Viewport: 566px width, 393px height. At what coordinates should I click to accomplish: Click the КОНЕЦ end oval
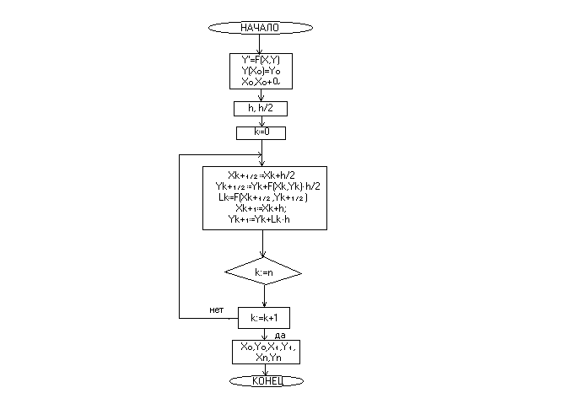(x=266, y=381)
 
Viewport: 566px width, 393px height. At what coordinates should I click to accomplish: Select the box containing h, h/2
(x=261, y=108)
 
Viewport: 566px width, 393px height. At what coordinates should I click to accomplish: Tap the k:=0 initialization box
(x=261, y=133)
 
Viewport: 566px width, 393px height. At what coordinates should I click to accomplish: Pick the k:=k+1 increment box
(x=265, y=318)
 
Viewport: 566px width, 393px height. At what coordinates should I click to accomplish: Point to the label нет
(x=216, y=310)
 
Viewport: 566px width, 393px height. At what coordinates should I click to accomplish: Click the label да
(x=280, y=335)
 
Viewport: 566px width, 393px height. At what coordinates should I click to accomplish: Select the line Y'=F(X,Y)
(x=261, y=61)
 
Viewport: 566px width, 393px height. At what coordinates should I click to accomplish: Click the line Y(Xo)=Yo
(x=261, y=72)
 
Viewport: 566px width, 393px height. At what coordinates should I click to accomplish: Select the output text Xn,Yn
(x=267, y=358)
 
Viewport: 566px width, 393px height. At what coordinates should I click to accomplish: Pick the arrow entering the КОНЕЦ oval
(x=266, y=369)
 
